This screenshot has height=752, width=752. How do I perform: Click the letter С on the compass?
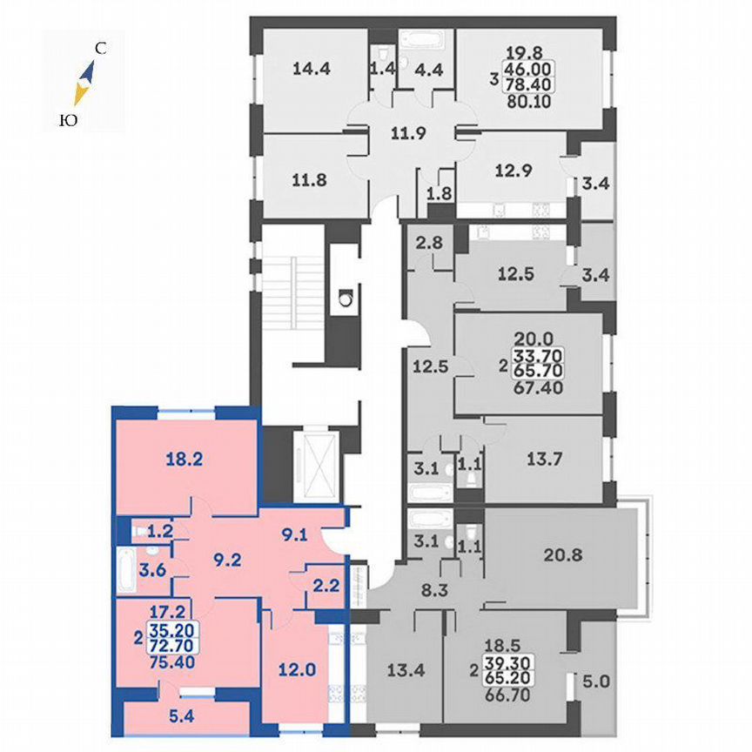coord(101,50)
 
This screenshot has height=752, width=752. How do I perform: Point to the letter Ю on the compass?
coord(66,122)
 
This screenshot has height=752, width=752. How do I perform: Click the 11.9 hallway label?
coord(407,134)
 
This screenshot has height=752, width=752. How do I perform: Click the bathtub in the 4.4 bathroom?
coord(422,40)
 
